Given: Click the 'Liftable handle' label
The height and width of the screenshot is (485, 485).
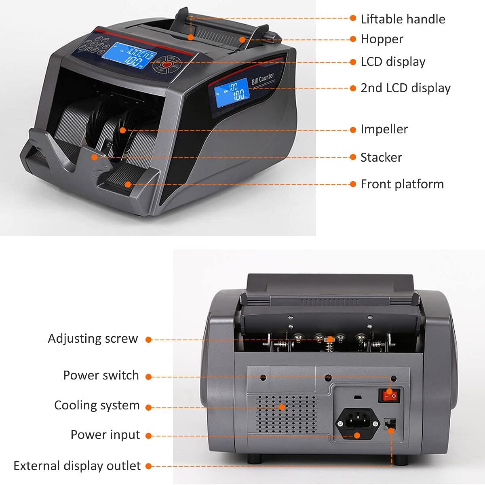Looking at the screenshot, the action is [403, 19].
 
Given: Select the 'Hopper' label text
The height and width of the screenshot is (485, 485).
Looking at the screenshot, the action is [382, 40].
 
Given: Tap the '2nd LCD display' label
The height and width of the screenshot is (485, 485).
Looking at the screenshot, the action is [405, 88].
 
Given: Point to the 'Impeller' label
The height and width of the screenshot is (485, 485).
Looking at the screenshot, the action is [384, 129].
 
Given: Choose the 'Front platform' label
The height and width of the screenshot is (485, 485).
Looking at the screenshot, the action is [402, 184].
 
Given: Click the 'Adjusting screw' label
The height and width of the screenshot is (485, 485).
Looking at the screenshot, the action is [93, 339].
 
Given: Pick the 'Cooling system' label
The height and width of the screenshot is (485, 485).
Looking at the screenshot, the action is [97, 405].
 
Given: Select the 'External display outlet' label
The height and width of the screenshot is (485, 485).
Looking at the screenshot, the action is [77, 466].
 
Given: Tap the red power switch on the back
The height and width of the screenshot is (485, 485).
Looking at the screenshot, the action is [389, 395].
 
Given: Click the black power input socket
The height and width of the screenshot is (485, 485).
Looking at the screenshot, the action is [358, 424].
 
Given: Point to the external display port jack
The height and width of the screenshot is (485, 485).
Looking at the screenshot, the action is [390, 424].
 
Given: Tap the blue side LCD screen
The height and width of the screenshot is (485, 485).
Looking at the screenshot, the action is [232, 93].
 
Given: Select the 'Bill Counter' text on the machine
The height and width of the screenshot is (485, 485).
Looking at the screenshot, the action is [263, 78].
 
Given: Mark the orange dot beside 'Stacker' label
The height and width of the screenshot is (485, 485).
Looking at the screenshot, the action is [353, 157].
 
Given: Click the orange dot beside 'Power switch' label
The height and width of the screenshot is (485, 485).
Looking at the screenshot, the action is [148, 377].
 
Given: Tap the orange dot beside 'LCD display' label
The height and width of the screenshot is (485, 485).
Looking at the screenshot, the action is [353, 62].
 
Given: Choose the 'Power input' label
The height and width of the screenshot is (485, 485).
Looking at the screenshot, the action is [105, 435].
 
